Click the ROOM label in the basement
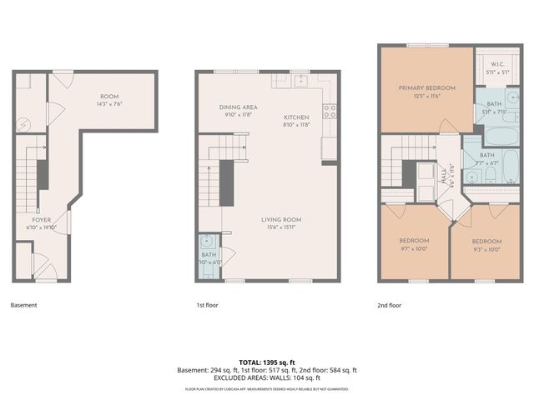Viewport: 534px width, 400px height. coord(109,97)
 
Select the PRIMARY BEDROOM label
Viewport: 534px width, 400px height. coord(426,88)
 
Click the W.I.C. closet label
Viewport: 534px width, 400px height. coord(496,63)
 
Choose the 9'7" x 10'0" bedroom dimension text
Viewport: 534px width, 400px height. coord(414,248)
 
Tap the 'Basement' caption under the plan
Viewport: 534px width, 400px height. coord(23,305)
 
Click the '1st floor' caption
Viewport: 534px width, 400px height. coord(207,305)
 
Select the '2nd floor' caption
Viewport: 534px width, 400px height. coord(389,305)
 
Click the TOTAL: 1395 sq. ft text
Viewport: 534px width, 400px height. coord(267,362)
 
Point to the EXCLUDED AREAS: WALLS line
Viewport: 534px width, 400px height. coord(267,377)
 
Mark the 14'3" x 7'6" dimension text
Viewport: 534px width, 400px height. coord(109,105)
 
